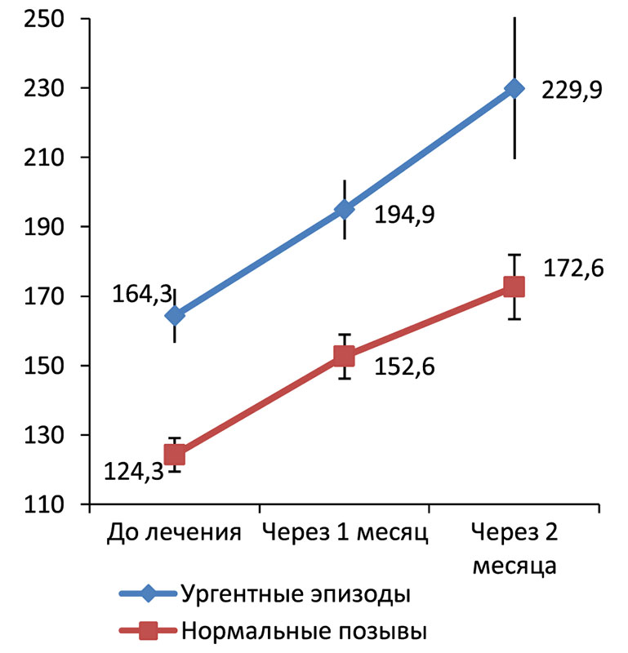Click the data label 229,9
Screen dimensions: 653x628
tap(572, 90)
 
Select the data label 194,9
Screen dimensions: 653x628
tap(404, 215)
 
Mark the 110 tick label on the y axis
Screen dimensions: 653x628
tap(39, 505)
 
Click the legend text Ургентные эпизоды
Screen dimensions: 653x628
tap(295, 593)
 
